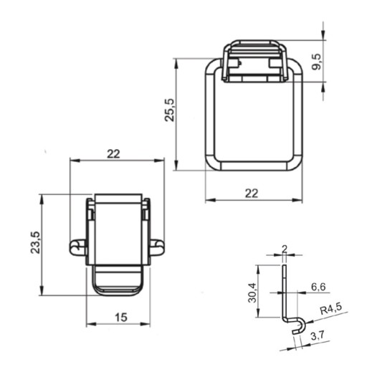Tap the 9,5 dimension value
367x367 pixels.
tap(317, 62)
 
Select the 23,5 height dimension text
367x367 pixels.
tap(36, 242)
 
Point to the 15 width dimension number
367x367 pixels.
tap(121, 318)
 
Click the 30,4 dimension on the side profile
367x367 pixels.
tap(252, 292)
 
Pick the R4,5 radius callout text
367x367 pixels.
tap(331, 309)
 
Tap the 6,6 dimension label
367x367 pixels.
tap(318, 287)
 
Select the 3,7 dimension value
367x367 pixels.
tap(318, 336)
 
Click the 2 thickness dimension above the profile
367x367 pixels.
tap(285, 249)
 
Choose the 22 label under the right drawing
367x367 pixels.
tap(252, 193)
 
